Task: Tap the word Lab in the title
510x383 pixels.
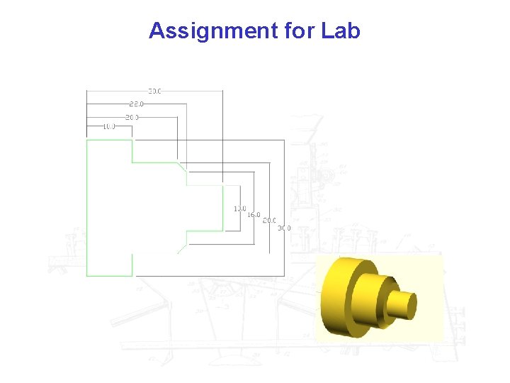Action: [x=341, y=31]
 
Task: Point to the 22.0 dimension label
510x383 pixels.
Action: [x=136, y=104]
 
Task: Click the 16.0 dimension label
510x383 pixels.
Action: [x=254, y=214]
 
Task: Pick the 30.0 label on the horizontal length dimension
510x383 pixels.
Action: [x=154, y=91]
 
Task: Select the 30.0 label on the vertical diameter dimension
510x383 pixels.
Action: [x=284, y=228]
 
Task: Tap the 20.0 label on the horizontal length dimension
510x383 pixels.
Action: [x=132, y=116]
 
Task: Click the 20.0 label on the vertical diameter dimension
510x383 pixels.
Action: [x=269, y=221]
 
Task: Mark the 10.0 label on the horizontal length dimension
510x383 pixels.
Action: [x=109, y=127]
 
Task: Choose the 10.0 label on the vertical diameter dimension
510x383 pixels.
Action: [x=240, y=209]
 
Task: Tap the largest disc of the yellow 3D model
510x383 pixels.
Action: [x=336, y=299]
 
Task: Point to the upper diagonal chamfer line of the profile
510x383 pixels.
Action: [x=182, y=167]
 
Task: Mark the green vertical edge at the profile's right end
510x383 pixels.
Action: [x=222, y=208]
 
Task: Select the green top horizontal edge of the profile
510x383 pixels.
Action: [x=109, y=140]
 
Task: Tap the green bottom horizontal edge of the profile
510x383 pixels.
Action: [x=109, y=275]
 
